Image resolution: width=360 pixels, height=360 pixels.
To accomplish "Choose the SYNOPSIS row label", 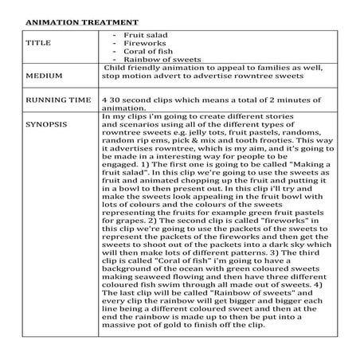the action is pyautogui.click(x=47, y=125).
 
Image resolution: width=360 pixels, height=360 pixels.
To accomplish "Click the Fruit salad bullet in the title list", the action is pyautogui.click(x=144, y=35).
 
